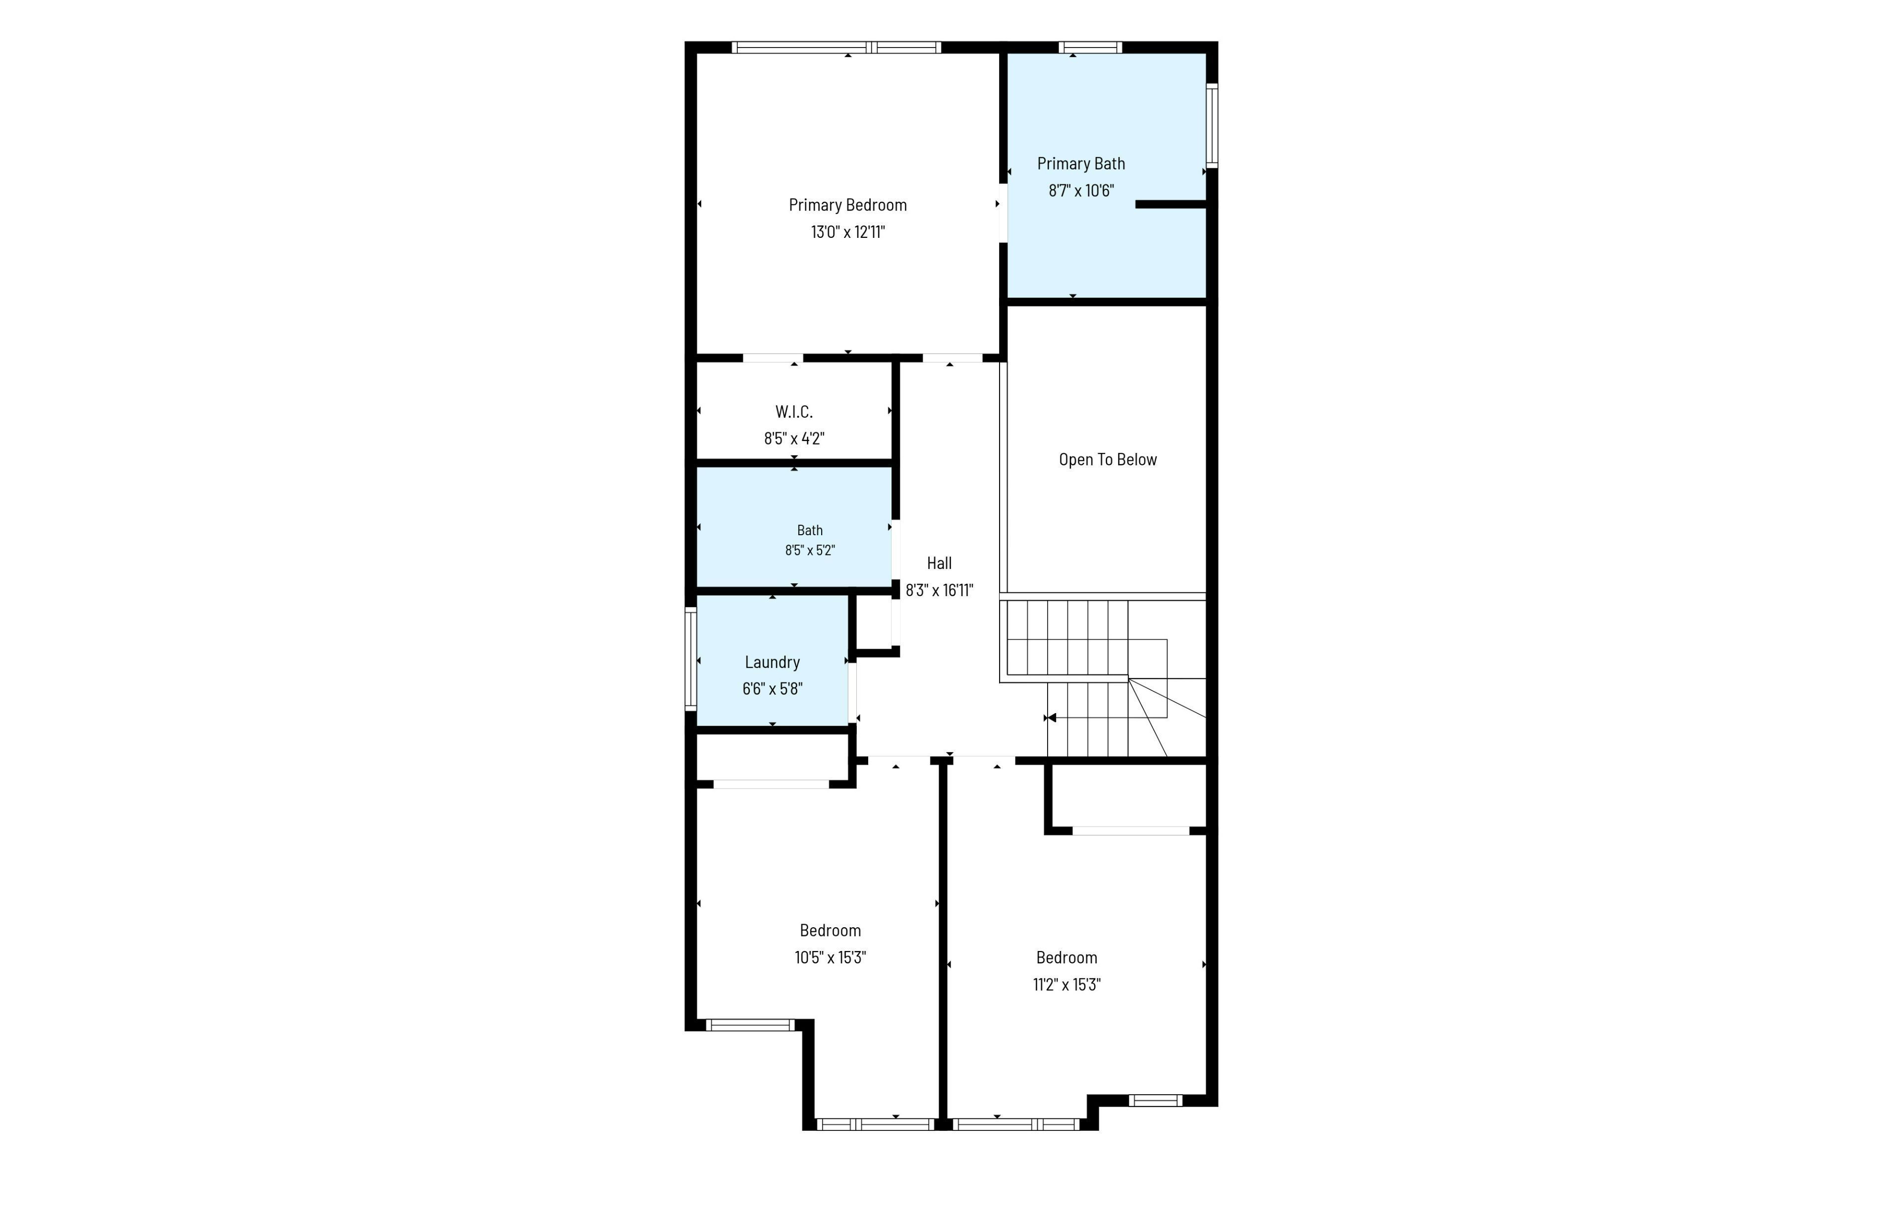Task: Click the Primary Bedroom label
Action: click(x=847, y=205)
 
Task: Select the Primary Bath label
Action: click(x=1080, y=164)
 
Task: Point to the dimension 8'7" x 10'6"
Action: click(x=1080, y=191)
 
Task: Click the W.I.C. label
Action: click(x=794, y=412)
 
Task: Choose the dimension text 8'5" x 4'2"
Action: click(x=794, y=439)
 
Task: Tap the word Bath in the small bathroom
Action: click(x=810, y=530)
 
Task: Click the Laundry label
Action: click(x=772, y=662)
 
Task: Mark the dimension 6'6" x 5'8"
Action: click(x=772, y=688)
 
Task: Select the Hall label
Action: click(x=939, y=563)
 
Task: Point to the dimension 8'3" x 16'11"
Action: click(x=939, y=590)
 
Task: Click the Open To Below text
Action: click(x=1108, y=460)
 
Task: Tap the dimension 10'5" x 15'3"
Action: click(x=830, y=957)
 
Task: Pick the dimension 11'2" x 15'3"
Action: click(x=1066, y=985)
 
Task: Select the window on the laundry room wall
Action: click(x=691, y=659)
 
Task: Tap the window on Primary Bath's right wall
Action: click(x=1212, y=125)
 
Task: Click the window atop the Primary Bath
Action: click(x=1090, y=47)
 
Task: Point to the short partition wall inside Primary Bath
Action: click(x=1171, y=205)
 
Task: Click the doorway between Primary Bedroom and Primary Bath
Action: click(x=1003, y=213)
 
